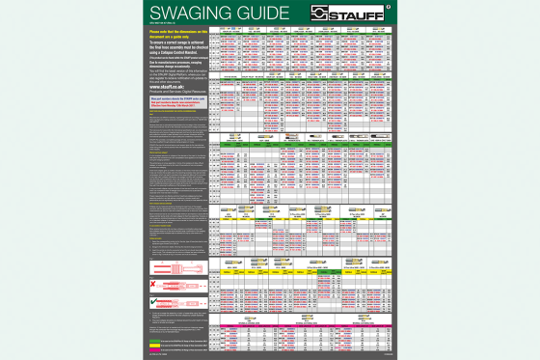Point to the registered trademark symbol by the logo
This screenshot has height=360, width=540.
pyautogui.click(x=387, y=7)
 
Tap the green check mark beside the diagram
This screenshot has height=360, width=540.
pyautogui.click(x=152, y=302)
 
